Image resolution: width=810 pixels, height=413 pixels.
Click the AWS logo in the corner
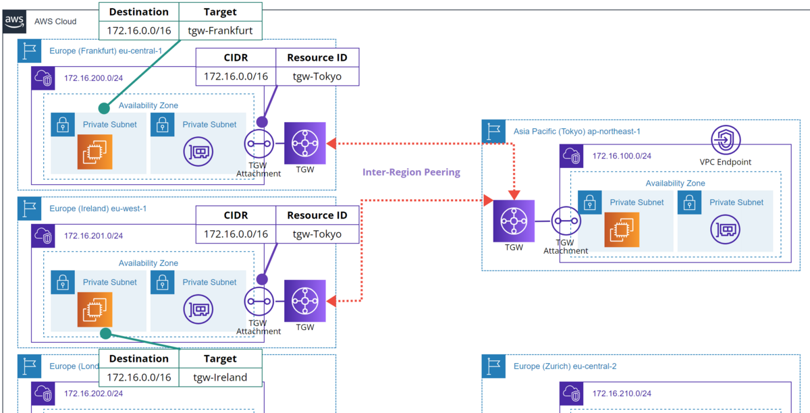[15, 21]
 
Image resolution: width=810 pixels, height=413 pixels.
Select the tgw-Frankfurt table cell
[220, 30]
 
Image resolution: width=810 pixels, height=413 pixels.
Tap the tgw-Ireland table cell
[220, 377]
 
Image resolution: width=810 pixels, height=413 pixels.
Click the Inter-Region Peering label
[411, 172]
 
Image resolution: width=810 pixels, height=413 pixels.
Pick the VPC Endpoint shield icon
[726, 140]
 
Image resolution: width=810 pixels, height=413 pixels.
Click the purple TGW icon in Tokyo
[514, 221]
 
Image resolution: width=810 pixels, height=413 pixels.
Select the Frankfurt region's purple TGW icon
[305, 143]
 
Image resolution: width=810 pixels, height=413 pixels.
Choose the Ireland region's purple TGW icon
[305, 301]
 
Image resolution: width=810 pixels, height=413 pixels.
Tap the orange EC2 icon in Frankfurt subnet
[94, 152]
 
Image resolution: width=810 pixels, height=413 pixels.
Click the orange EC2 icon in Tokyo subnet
[621, 230]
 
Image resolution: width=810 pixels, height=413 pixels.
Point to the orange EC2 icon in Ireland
[94, 310]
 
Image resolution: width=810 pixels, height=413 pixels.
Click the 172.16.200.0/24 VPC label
[94, 78]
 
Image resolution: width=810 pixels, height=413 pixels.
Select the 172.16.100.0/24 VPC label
[622, 156]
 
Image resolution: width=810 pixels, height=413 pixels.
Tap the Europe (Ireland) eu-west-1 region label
[98, 209]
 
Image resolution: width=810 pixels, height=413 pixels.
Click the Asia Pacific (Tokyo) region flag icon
[494, 132]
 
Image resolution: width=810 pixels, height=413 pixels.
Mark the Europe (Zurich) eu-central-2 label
[565, 366]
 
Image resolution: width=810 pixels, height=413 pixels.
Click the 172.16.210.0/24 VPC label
[622, 393]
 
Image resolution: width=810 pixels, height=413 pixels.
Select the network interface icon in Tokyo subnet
[726, 230]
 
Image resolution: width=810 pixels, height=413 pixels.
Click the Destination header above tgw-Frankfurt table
[139, 11]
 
